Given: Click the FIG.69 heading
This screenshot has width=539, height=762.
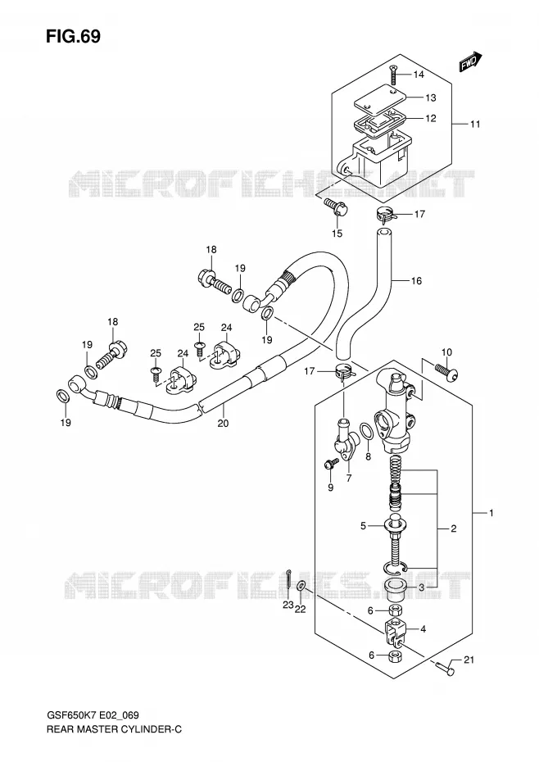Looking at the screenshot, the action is coord(74,36).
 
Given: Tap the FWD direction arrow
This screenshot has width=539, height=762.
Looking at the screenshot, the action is coord(470,61).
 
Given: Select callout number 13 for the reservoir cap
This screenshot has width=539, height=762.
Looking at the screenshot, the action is coord(431,98).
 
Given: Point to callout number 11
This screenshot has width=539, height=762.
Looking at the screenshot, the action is coord(475,124).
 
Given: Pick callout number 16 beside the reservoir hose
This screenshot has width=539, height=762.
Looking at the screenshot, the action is coord(416,280).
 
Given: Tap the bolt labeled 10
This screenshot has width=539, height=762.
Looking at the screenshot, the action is coord(447,371).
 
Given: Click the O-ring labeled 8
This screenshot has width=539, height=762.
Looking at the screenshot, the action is coord(367,431).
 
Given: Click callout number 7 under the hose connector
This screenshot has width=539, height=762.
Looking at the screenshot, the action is coord(348,479).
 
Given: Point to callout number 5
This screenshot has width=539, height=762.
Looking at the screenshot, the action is coord(363,526).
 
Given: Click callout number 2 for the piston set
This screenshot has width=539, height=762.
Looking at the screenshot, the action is coord(454,528).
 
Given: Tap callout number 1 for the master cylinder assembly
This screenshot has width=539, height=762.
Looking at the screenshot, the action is coord(491,513).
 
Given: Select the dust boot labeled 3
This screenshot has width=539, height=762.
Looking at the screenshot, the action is coord(396,587).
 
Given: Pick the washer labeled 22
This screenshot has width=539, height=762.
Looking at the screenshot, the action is coord(301,586).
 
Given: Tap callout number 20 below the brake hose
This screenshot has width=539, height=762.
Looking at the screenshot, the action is coord(223,424).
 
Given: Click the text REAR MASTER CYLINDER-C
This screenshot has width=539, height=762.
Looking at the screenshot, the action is coord(114,729).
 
